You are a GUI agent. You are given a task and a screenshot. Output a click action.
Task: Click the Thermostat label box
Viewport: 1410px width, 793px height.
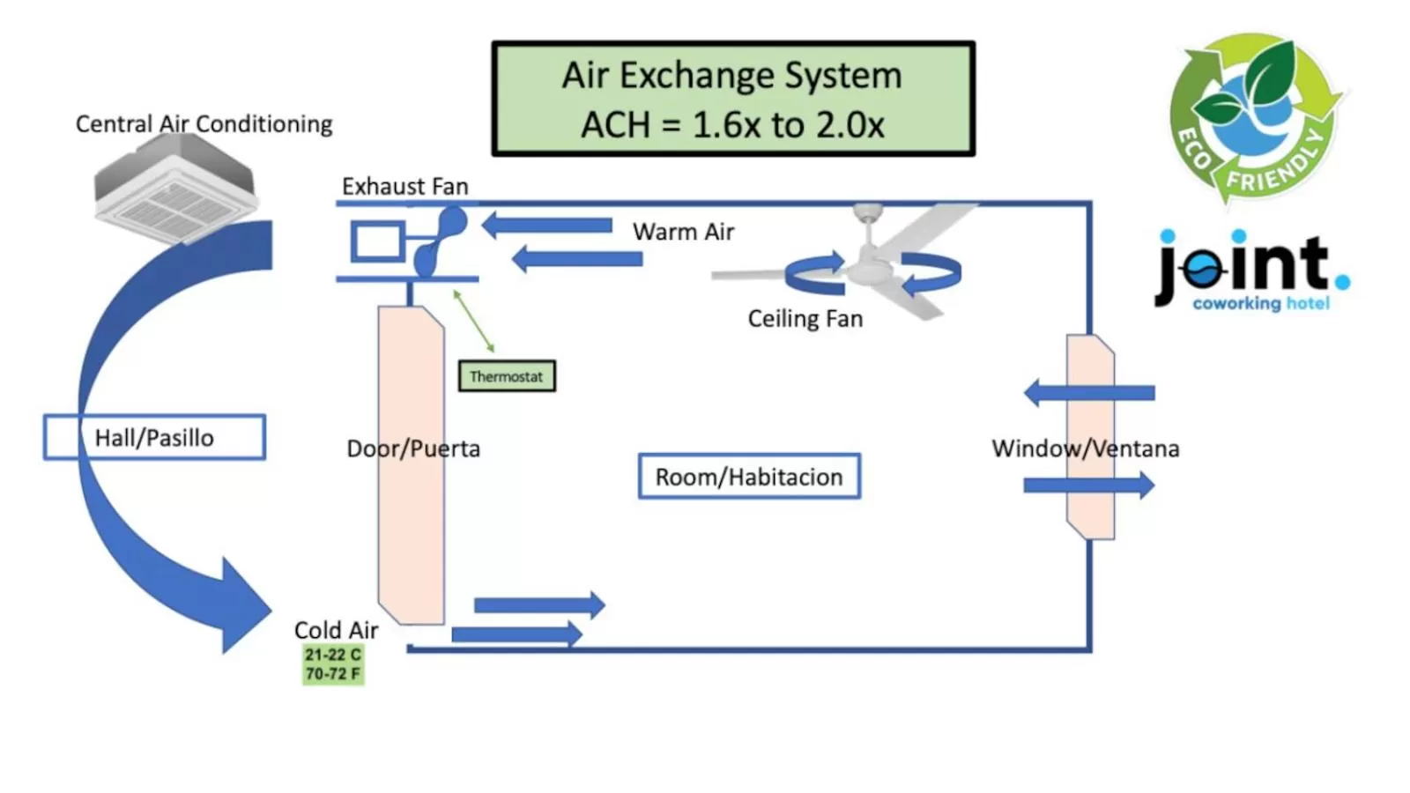(507, 376)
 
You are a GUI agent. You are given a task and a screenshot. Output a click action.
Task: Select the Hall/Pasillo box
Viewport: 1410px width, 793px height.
(154, 437)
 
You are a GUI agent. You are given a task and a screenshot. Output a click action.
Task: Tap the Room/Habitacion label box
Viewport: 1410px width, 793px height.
(749, 477)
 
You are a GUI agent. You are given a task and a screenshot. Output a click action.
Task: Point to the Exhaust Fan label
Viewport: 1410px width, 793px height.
(405, 187)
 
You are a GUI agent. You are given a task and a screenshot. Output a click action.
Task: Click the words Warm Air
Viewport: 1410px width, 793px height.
(683, 232)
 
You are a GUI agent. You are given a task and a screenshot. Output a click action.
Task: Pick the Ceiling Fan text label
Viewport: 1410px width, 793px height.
(805, 319)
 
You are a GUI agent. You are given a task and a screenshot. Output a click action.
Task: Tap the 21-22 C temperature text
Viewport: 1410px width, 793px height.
(333, 655)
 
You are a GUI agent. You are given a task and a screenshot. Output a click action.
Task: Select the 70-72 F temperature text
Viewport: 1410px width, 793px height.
(333, 674)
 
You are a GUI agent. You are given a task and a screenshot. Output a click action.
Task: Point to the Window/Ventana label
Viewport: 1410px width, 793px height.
(1085, 448)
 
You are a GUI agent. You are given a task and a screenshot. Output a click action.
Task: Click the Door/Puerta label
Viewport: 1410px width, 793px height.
(413, 448)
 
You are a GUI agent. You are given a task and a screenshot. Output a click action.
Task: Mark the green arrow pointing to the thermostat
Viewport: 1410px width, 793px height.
(474, 322)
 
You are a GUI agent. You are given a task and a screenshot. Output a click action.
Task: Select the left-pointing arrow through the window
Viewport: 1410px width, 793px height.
(1089, 393)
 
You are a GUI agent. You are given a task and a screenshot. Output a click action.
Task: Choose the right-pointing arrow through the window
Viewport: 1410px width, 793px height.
(1089, 485)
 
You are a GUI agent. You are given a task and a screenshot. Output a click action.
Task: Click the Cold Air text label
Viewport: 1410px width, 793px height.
(336, 630)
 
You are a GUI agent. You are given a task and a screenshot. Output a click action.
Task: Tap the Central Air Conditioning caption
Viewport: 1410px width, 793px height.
(204, 124)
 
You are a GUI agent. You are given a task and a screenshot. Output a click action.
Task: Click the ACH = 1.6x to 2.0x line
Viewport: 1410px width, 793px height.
(732, 125)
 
